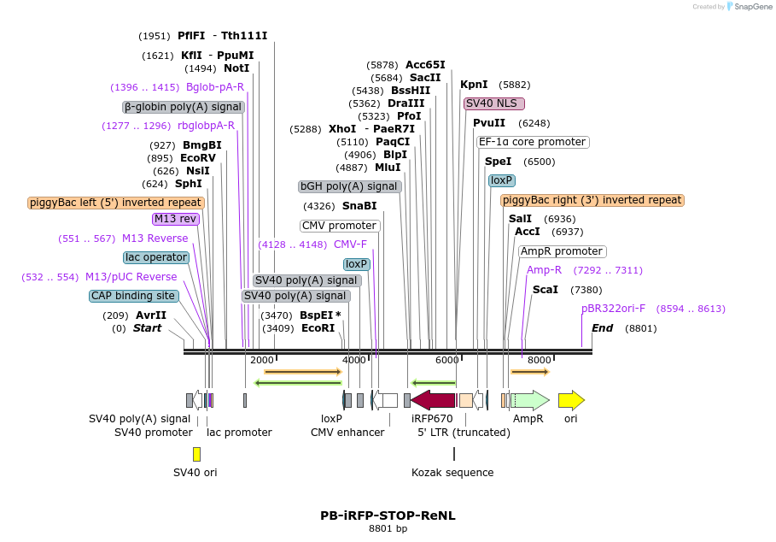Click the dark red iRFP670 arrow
[x=433, y=400]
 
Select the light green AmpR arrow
[x=530, y=400]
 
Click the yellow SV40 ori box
[x=196, y=454]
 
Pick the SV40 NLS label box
[x=494, y=103]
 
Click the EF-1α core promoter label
[x=533, y=142]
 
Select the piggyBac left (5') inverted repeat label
[x=116, y=203]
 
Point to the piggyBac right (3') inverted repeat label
[x=592, y=200]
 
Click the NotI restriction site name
[x=236, y=68]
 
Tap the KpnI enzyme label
[x=474, y=85]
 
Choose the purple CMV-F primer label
[x=350, y=244]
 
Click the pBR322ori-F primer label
[x=613, y=309]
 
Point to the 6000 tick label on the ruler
[x=446, y=360]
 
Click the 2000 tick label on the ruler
[x=262, y=360]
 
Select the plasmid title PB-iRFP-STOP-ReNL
[x=388, y=515]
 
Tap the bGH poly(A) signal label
[x=350, y=186]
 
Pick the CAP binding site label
[x=134, y=296]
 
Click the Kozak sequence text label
[x=452, y=473]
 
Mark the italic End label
[x=602, y=328]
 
